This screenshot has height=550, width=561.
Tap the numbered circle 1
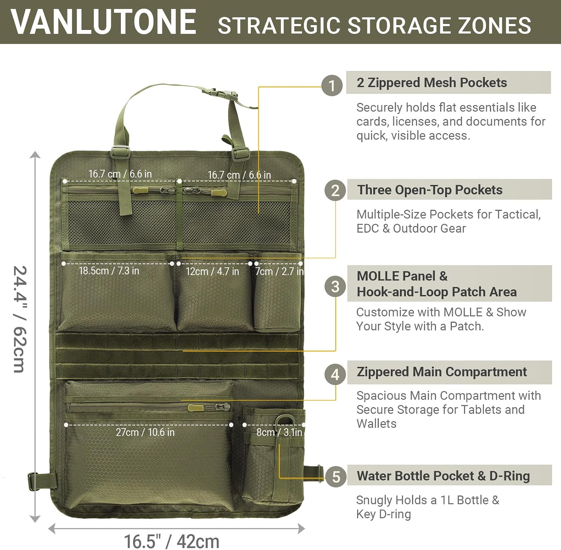coord(332,86)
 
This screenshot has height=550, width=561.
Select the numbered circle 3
coord(335,286)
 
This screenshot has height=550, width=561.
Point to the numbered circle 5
coord(336,476)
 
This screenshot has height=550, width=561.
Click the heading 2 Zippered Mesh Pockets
coord(432,83)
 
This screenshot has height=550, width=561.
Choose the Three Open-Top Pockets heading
coord(430,190)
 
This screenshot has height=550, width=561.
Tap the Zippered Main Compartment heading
coord(442,372)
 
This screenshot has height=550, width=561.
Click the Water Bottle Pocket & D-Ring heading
coord(443,476)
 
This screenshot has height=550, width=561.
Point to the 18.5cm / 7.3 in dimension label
coord(109,271)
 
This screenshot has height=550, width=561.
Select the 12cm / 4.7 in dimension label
coord(212,271)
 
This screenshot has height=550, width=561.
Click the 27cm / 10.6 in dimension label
coord(145,433)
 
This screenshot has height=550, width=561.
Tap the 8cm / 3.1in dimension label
coord(279,433)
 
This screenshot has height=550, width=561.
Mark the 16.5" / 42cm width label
coord(172,541)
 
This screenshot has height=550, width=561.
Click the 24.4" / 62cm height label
coord(20,319)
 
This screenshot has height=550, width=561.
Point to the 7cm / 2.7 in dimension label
coord(279,271)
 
